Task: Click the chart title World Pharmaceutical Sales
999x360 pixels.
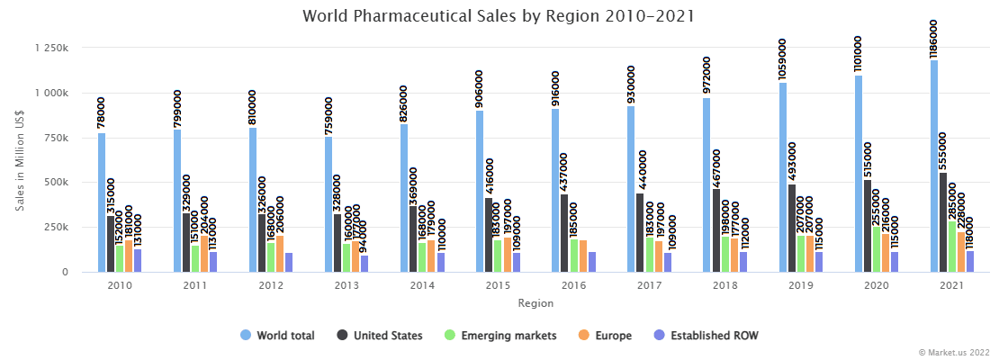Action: [499, 16]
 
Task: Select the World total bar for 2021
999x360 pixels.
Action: [934, 166]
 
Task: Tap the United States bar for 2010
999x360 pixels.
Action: [111, 243]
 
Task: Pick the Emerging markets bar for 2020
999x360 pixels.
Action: [876, 248]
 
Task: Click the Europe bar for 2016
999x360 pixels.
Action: [583, 256]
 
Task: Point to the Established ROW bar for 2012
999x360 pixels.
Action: [289, 262]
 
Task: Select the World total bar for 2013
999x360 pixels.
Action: [329, 204]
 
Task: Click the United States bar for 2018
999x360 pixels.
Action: [715, 229]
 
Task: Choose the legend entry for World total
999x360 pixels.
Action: [277, 336]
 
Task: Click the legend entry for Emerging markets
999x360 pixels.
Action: [500, 336]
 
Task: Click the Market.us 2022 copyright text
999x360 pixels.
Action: [953, 352]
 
